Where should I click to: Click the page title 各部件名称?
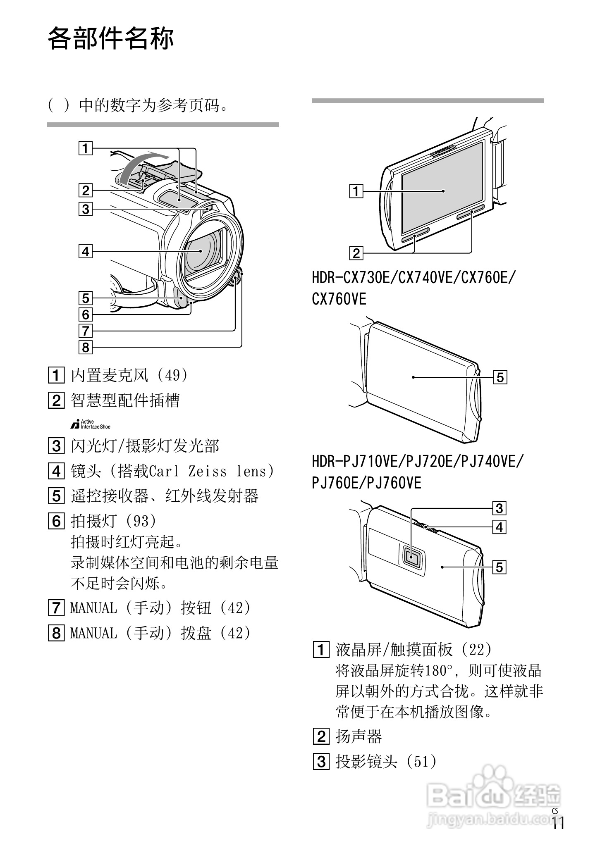pos(111,39)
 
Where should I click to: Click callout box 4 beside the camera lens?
pos(85,251)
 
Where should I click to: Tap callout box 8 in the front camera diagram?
pos(85,347)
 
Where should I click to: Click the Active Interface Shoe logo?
pos(91,424)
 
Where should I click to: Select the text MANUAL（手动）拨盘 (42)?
pos(160,633)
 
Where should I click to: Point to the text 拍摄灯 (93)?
pos(114,521)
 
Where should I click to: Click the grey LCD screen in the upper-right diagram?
pos(442,188)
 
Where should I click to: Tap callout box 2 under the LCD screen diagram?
pos(356,253)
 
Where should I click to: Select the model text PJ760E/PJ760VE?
pos(366,482)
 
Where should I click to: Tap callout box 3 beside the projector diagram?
pos(499,508)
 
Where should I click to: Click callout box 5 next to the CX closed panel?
pos(500,377)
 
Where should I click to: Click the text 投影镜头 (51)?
pos(386,761)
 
